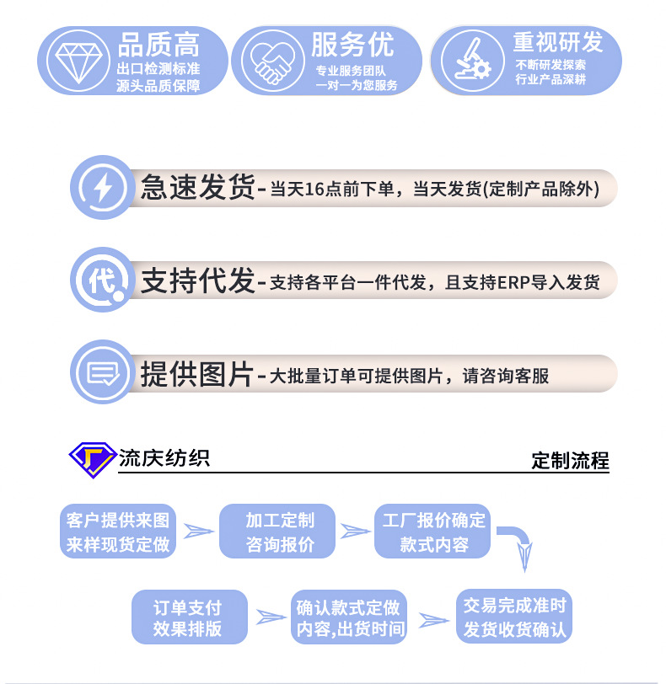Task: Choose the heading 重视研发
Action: pos(558,42)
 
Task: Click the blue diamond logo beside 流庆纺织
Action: pos(91,460)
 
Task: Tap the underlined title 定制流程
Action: pos(570,461)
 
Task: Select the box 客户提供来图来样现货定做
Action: pos(118,532)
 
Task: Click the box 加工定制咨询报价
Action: pos(279,532)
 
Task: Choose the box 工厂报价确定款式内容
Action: pos(433,532)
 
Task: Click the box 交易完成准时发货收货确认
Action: pos(514,617)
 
